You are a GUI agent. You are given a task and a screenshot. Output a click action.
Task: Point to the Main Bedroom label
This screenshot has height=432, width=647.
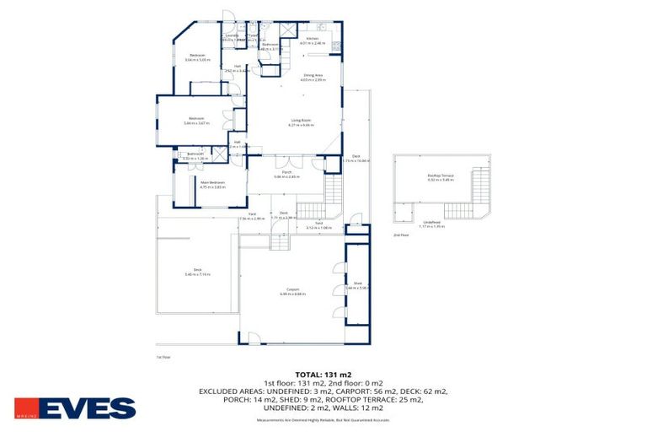[211, 184]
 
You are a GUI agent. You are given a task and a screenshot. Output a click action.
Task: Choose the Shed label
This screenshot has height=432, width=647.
[357, 285]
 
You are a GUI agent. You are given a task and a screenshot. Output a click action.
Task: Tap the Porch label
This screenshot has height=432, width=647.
[286, 175]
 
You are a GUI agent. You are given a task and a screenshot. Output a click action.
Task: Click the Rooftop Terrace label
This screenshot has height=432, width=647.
[440, 177]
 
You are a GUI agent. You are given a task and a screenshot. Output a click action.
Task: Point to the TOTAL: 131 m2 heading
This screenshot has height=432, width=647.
[323, 374]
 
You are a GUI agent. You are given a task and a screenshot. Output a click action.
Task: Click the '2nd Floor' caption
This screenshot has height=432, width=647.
[401, 235]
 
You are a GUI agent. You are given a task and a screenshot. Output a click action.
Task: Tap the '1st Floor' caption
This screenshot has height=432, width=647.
[163, 358]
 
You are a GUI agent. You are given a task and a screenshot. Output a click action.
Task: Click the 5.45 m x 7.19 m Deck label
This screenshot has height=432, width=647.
[197, 273]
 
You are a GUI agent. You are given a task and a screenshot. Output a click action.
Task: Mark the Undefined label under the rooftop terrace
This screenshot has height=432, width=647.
[432, 224]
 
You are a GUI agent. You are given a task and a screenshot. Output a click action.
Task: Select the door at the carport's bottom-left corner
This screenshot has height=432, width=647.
[250, 339]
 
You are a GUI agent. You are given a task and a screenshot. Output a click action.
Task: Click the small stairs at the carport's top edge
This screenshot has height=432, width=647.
[279, 242]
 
